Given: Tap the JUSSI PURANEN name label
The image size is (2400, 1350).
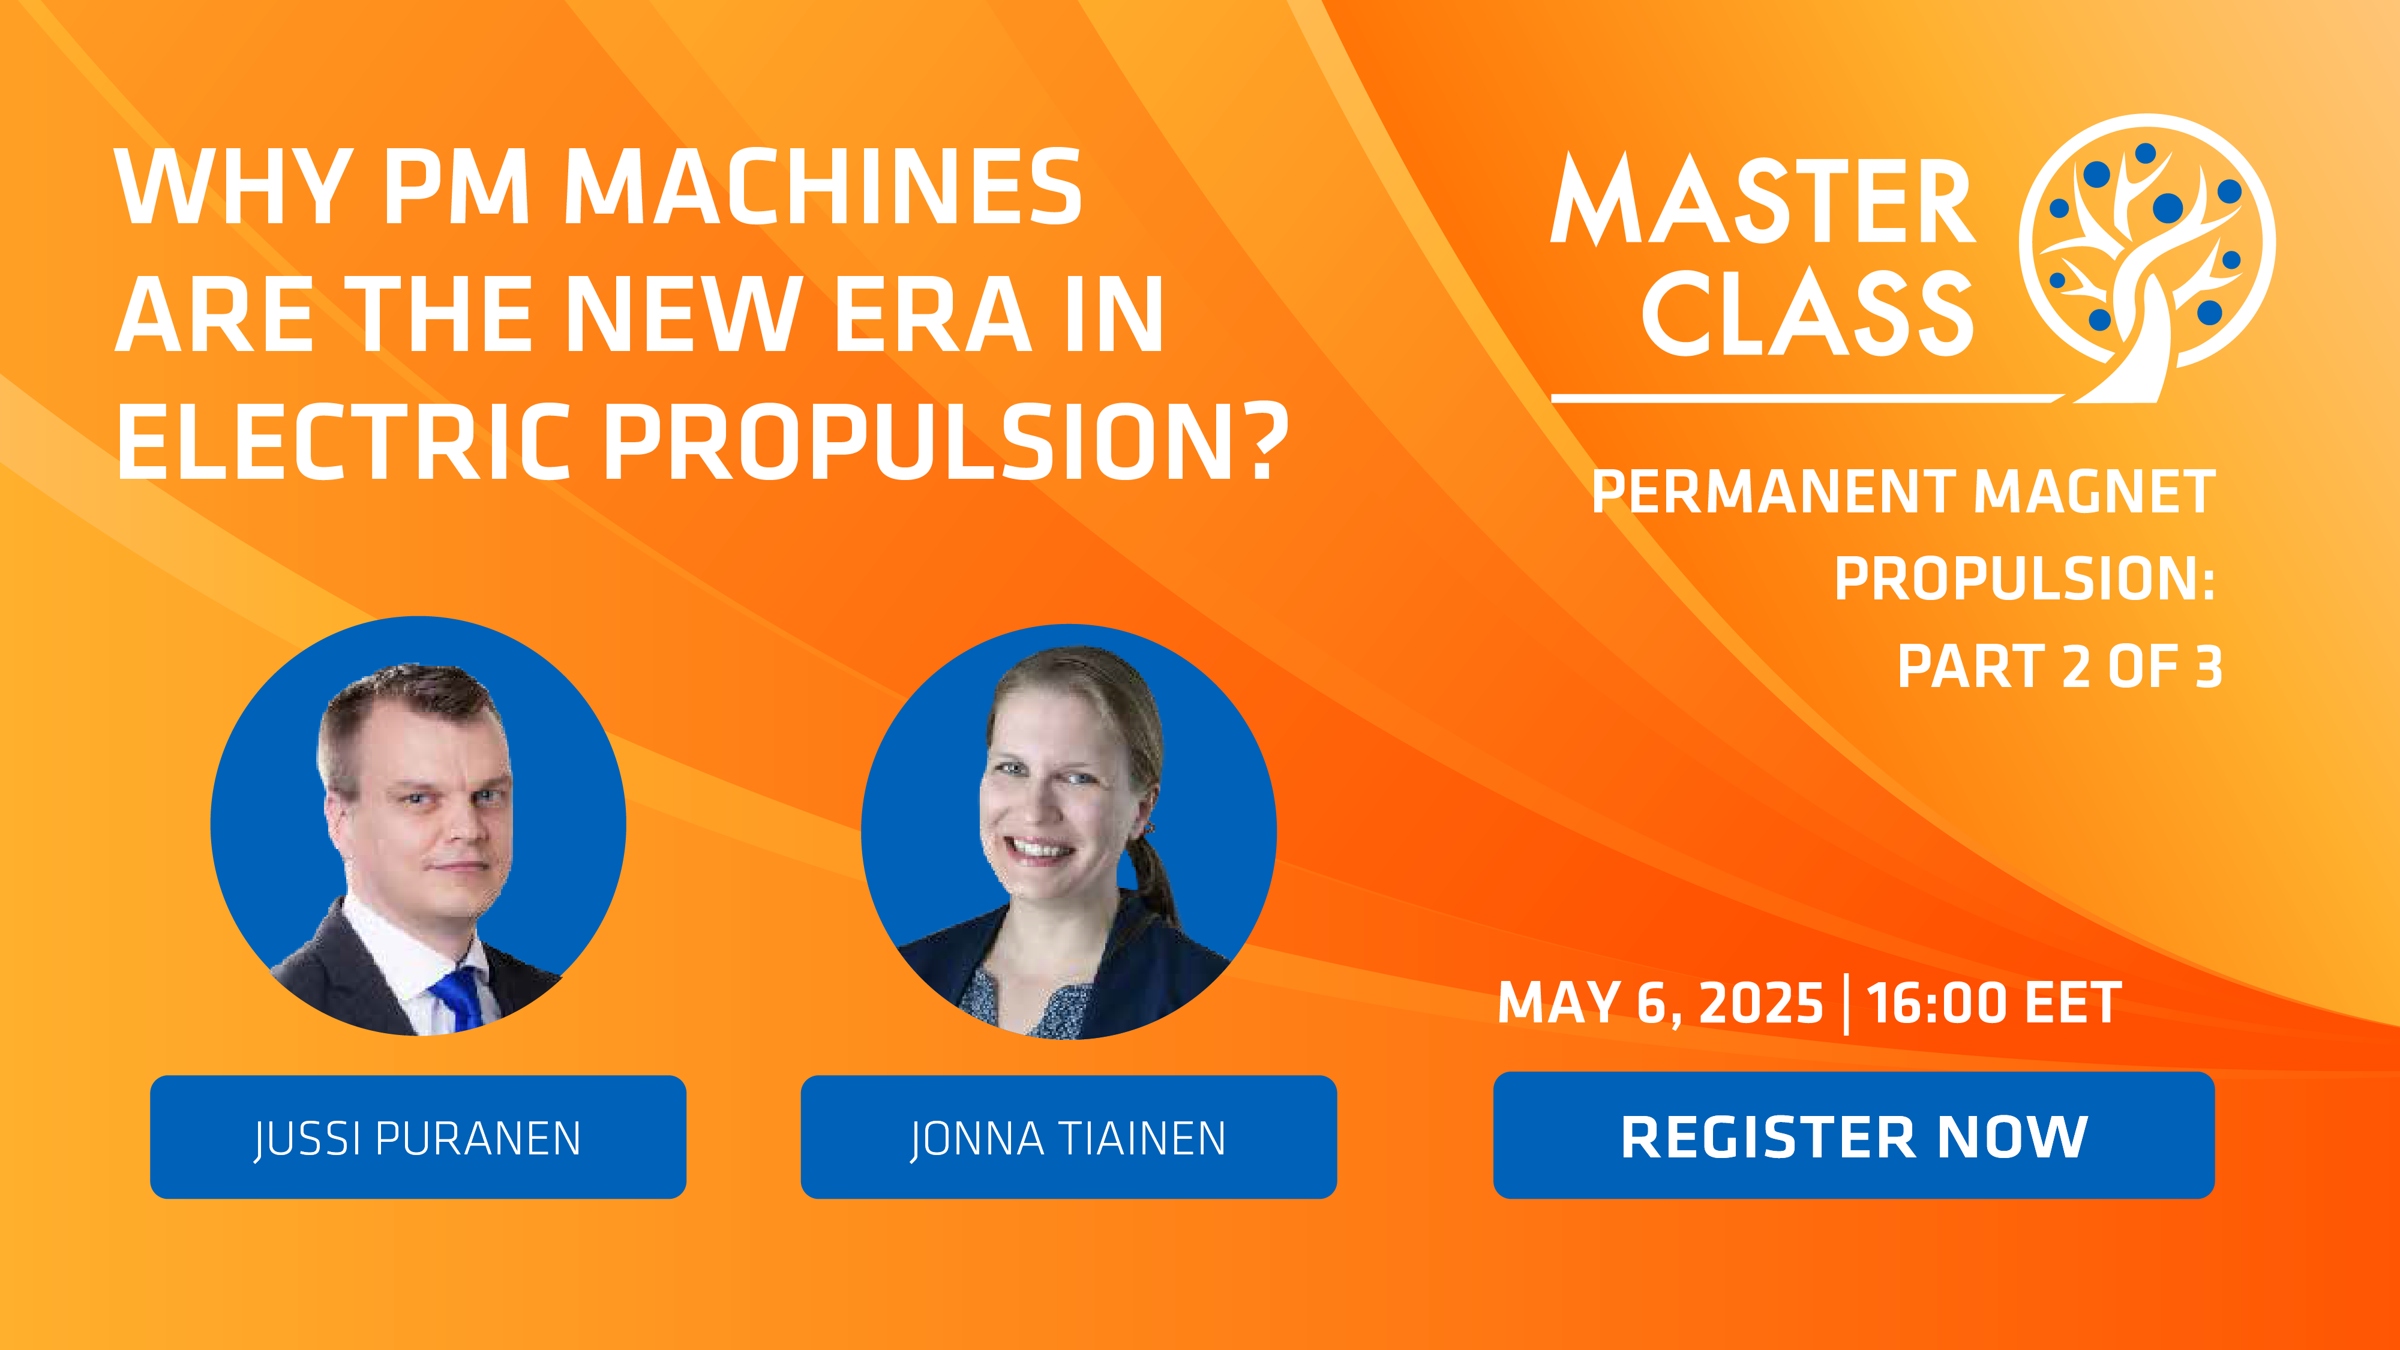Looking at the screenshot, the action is coord(418,1136).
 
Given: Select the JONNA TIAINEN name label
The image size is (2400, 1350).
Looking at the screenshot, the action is coord(1069,1136).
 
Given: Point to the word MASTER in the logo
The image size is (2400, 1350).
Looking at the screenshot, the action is coord(1763,199).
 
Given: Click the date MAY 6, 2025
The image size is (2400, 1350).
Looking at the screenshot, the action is coord(1660,1003).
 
